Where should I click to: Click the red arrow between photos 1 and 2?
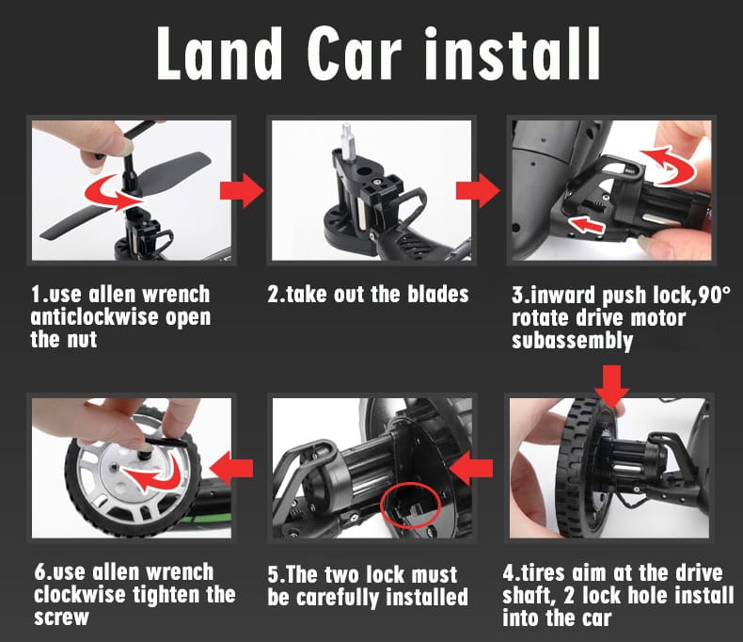pyautogui.click(x=242, y=190)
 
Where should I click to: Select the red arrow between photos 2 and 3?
pyautogui.click(x=478, y=190)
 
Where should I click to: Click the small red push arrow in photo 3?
pyautogui.click(x=587, y=224)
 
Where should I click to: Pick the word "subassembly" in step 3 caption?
pyautogui.click(x=573, y=341)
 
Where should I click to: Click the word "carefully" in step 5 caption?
pyautogui.click(x=338, y=598)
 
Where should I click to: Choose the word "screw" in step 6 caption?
pyautogui.click(x=61, y=618)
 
